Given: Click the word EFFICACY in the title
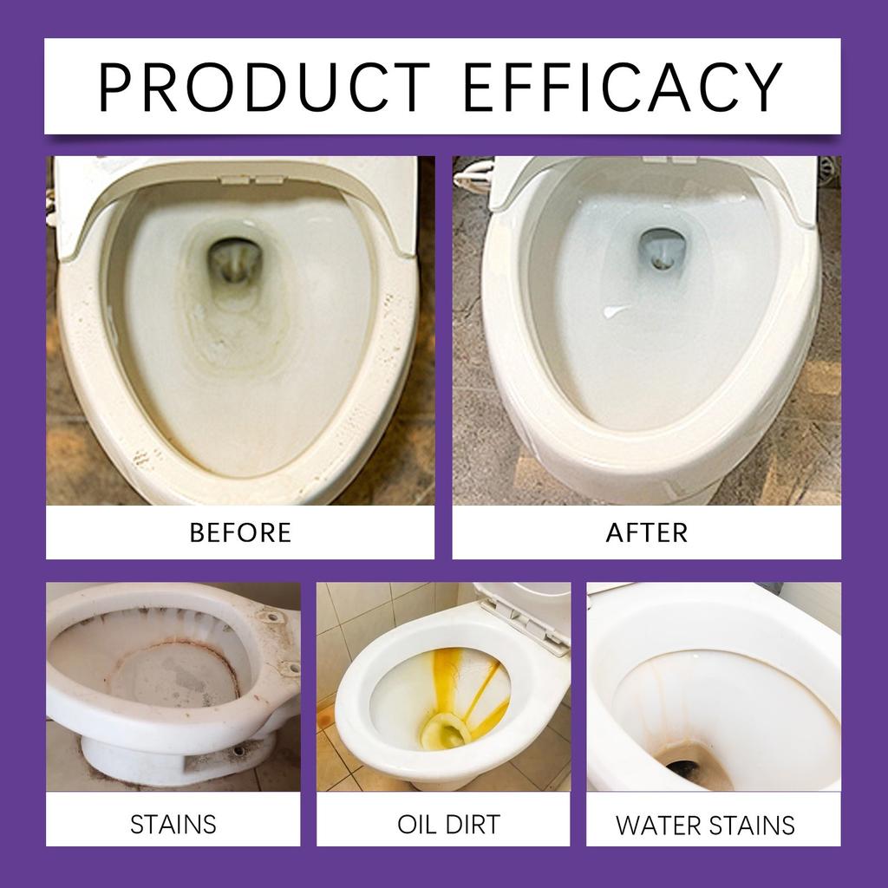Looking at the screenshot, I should [623, 87].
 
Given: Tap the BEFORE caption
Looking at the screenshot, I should [240, 532].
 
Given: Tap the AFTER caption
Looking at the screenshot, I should [646, 532].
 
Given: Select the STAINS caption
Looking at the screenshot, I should [173, 823].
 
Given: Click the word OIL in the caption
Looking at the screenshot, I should [416, 823].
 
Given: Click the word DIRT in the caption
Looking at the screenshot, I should [472, 823].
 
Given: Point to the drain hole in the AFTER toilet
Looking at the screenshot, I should [660, 248].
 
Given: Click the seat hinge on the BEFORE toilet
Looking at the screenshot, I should [241, 180].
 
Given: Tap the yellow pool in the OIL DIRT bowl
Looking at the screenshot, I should [444, 732].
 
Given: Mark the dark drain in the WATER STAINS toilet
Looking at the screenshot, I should [689, 768].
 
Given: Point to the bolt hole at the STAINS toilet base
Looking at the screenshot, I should [237, 749].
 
